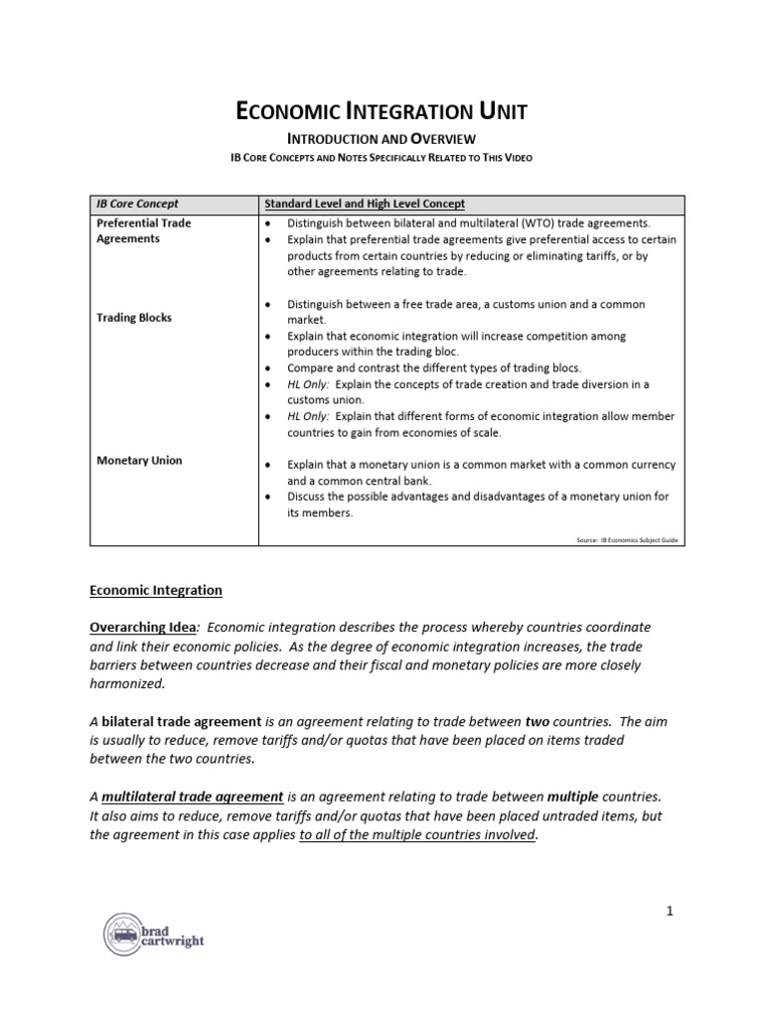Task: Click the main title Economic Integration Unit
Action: coord(381,111)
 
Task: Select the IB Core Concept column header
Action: coord(137,203)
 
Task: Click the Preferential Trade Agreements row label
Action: coord(144,230)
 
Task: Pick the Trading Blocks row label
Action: coord(134,318)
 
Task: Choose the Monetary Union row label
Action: coord(139,461)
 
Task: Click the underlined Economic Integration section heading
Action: coord(156,590)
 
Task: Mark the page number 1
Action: coord(671,910)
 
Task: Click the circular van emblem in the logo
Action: coord(123,934)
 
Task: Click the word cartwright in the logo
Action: coord(174,942)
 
